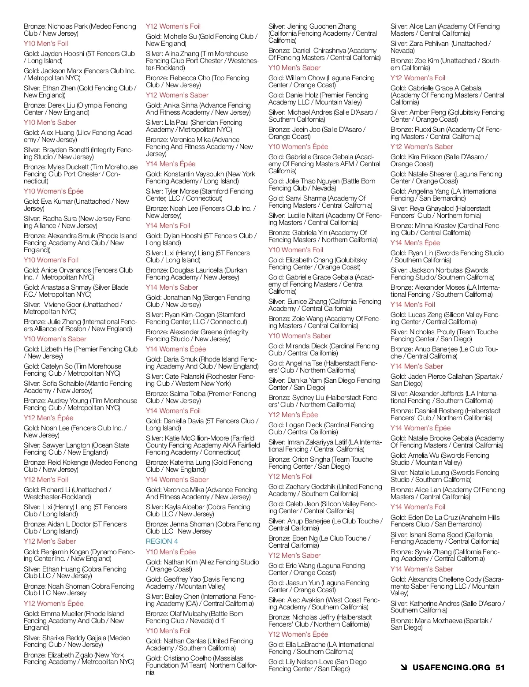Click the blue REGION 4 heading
[x=162, y=541]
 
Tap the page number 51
[x=500, y=667]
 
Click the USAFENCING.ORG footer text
[x=451, y=667]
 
